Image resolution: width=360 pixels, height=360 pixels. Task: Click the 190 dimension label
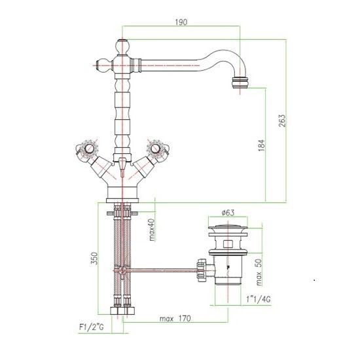pos(181,22)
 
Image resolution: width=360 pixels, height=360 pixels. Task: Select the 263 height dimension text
pos(282,120)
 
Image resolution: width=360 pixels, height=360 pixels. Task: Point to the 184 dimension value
pos(262,145)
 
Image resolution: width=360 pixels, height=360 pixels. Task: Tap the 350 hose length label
pos(94,259)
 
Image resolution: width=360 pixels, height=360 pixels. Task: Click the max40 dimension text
pos(152,230)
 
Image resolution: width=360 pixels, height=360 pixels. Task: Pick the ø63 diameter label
pos(228,213)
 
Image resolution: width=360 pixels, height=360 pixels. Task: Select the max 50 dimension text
pos(259,272)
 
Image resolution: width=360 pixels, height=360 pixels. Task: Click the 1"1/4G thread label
pos(259,299)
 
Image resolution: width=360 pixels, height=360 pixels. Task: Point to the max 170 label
pos(175,319)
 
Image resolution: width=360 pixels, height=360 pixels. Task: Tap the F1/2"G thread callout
pos(92,327)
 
